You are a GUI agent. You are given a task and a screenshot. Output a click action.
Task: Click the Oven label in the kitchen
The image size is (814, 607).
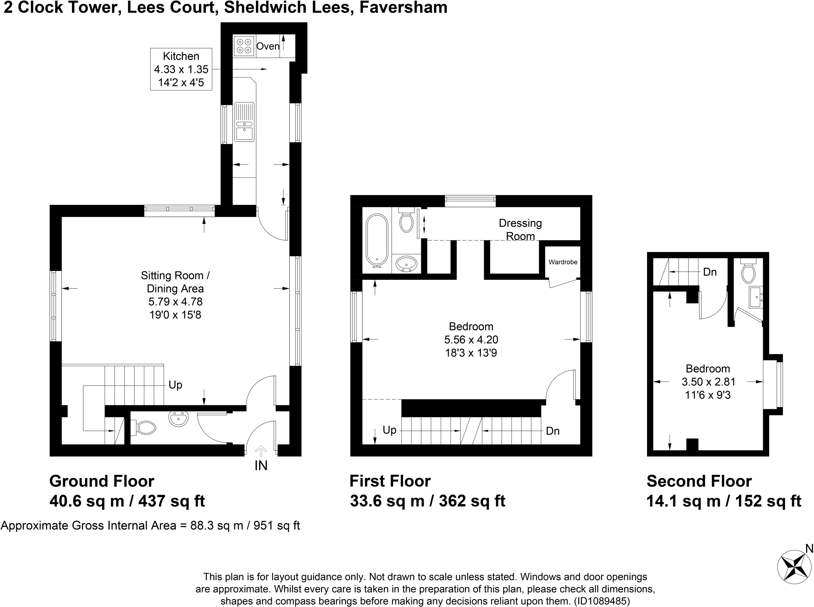coord(267,46)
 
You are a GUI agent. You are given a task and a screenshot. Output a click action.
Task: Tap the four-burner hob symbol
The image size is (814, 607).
coord(244,46)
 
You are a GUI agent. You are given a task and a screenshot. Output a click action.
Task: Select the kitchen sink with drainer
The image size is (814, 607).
coord(244,122)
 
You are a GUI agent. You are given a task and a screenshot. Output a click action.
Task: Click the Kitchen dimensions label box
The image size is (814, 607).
coord(181,69)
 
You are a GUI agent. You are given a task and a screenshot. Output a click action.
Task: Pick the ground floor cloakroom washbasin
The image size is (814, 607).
coord(178,419)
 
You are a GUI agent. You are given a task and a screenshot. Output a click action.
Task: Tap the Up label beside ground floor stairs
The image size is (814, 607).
coord(175,385)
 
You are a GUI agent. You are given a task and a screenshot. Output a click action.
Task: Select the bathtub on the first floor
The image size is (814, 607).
coord(377,241)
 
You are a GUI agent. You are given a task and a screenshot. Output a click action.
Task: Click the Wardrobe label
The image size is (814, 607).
coord(563,262)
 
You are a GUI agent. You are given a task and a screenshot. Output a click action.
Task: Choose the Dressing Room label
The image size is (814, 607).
coord(520,229)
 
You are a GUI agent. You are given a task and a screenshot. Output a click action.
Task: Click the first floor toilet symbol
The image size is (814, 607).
coord(406,222)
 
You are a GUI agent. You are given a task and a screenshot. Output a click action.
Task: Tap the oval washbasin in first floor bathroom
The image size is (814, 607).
coord(406,263)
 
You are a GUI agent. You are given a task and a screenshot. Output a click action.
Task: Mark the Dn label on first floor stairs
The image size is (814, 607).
coord(552,431)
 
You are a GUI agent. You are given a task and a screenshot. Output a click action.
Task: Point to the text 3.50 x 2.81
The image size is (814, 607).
coord(708,382)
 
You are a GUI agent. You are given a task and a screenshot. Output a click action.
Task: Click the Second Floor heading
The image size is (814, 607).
coord(699,481)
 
